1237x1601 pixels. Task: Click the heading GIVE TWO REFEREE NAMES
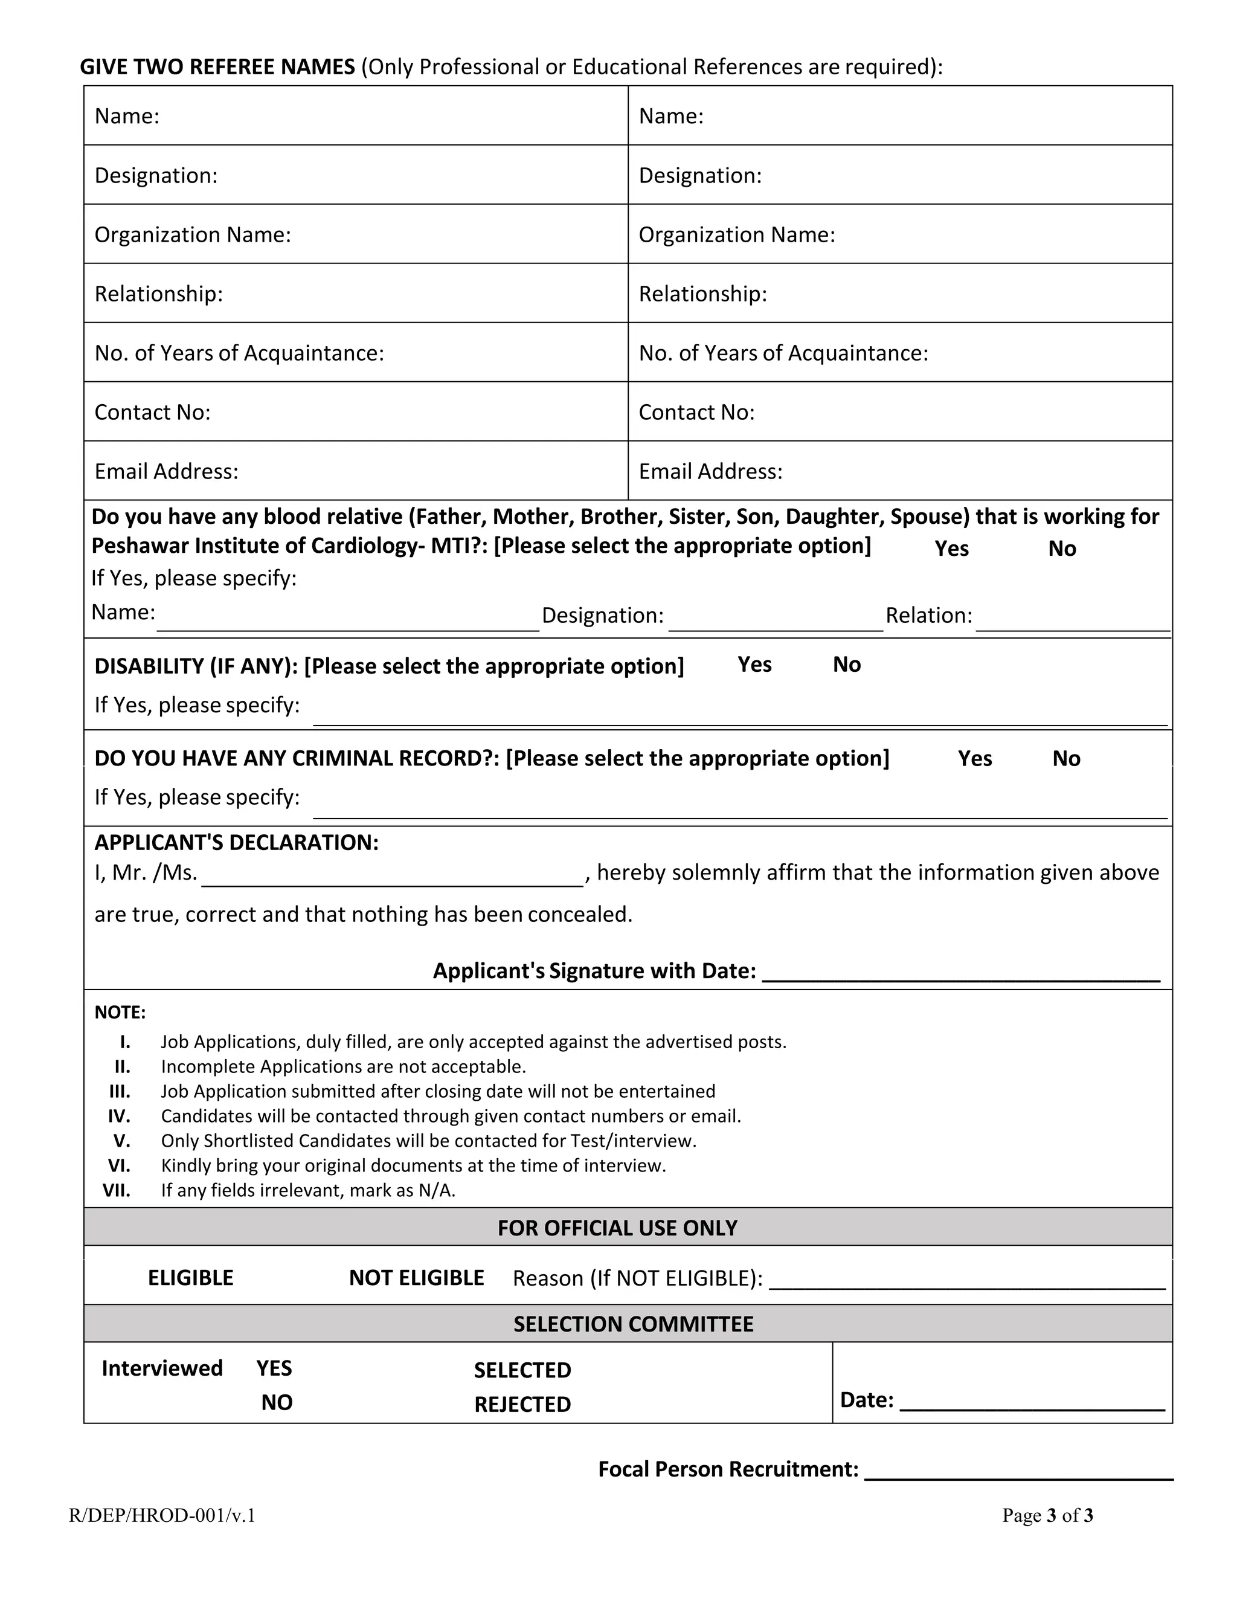pos(217,66)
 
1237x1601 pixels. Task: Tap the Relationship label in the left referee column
pos(158,294)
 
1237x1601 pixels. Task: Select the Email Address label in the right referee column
pos(710,471)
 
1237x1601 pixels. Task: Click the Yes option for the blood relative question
pos(951,549)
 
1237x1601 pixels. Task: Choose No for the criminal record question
pos(1065,758)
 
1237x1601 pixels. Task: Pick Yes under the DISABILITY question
pos(754,664)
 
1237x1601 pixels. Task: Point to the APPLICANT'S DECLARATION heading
pos(236,842)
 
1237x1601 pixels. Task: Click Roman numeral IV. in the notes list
pos(119,1116)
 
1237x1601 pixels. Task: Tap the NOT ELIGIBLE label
pos(416,1278)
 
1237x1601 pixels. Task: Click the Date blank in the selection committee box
pos(1031,1402)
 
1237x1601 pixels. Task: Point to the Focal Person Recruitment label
pos(728,1469)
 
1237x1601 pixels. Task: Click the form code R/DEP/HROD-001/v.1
pos(162,1515)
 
